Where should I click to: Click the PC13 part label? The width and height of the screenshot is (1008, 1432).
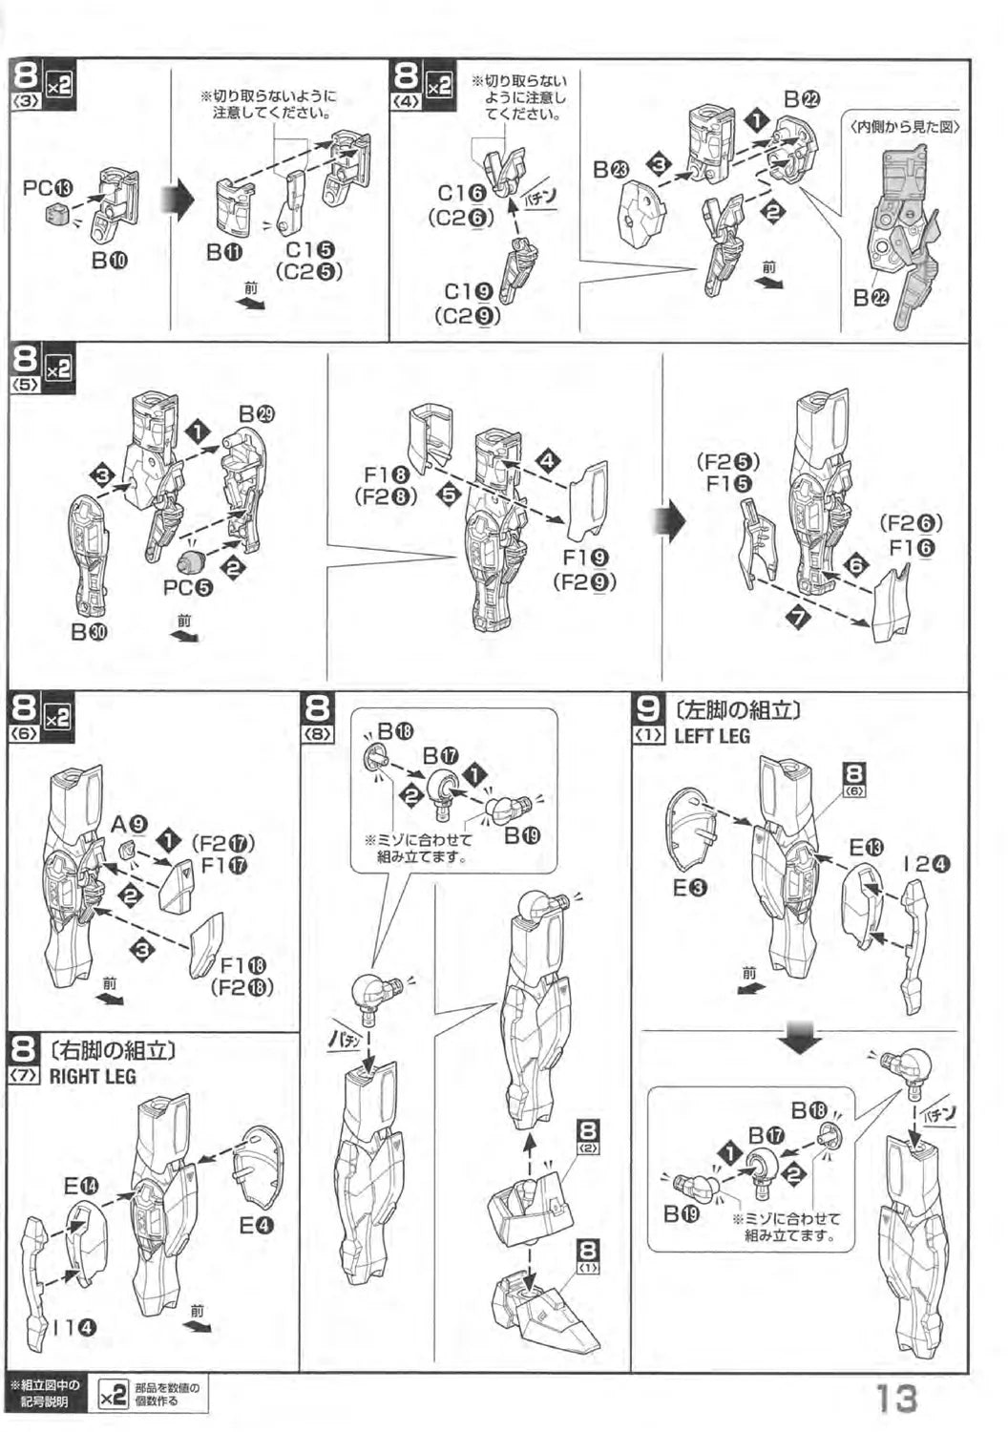click(48, 188)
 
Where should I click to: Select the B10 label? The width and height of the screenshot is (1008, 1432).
click(110, 260)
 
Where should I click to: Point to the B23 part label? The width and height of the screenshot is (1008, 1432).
click(611, 170)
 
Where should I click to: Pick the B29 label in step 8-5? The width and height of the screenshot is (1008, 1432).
click(257, 414)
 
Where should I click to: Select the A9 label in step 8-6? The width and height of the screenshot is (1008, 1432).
click(129, 825)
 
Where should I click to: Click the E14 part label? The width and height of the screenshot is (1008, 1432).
click(82, 1187)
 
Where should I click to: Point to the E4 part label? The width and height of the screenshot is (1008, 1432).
click(256, 1225)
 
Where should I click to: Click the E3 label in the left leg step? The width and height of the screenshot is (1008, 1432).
click(689, 889)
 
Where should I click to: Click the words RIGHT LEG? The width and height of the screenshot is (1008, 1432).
click(93, 1076)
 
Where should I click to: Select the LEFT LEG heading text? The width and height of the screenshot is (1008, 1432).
click(711, 736)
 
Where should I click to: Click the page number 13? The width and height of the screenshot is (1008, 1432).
click(896, 1399)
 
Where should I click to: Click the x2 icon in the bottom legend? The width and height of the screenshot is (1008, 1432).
click(112, 1396)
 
